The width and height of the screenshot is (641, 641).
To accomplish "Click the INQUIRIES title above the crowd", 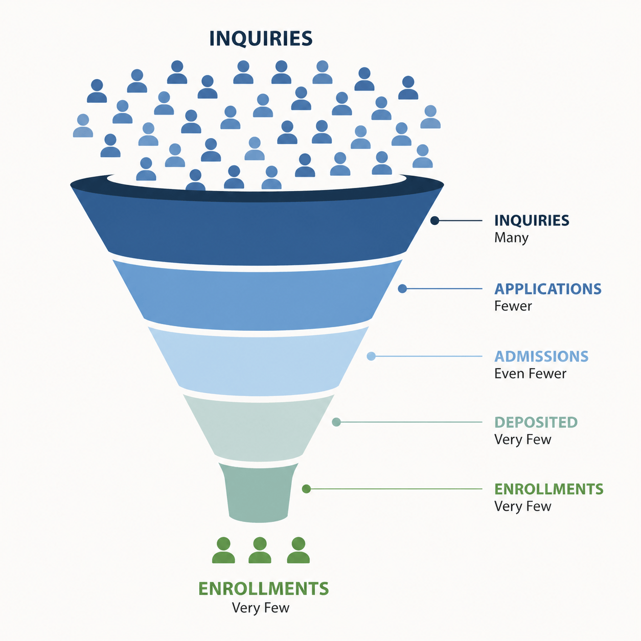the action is (261, 38).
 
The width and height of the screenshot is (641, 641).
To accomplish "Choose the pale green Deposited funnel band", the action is (259, 428).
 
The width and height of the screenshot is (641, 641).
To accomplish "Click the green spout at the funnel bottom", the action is (259, 493).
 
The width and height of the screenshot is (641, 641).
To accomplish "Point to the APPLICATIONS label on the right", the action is (548, 289).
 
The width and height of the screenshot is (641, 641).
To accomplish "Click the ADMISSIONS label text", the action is (541, 356).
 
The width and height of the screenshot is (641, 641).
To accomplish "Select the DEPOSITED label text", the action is (536, 422).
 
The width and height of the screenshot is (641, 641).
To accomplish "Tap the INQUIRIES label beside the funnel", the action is (532, 220).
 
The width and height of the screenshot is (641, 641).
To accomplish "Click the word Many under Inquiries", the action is (511, 238).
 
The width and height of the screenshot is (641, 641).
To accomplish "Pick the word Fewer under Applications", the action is (513, 306).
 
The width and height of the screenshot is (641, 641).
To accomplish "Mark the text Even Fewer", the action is (530, 374).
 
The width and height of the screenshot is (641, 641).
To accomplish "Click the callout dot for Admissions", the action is (371, 356).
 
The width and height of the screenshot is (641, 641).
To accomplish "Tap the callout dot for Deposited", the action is (336, 422).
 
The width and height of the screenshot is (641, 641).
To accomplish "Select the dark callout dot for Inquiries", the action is (435, 220).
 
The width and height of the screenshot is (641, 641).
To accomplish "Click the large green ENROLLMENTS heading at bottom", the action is (263, 588).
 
